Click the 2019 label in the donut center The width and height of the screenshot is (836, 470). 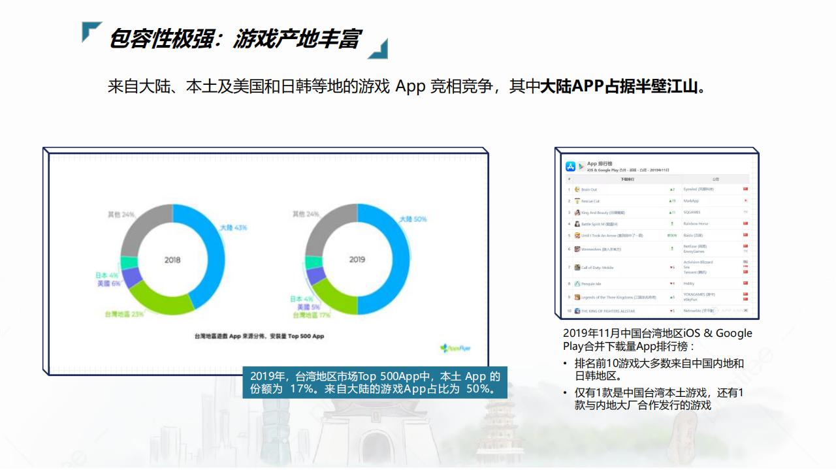point(357,259)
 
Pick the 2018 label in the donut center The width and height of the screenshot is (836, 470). point(172,259)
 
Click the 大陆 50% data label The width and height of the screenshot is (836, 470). point(413,219)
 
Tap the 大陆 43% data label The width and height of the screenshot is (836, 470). point(233,227)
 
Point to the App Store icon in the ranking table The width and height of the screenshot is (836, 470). point(570,166)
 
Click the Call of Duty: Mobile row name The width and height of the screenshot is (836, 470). point(597,268)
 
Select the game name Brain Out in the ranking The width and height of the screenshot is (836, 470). point(588,189)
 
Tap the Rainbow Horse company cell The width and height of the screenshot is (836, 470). point(696,224)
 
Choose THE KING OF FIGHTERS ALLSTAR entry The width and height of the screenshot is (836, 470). point(607,311)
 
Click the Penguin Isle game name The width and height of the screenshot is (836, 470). point(591,283)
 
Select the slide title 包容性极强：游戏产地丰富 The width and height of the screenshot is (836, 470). point(234,39)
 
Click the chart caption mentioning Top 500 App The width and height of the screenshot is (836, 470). point(259,336)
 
